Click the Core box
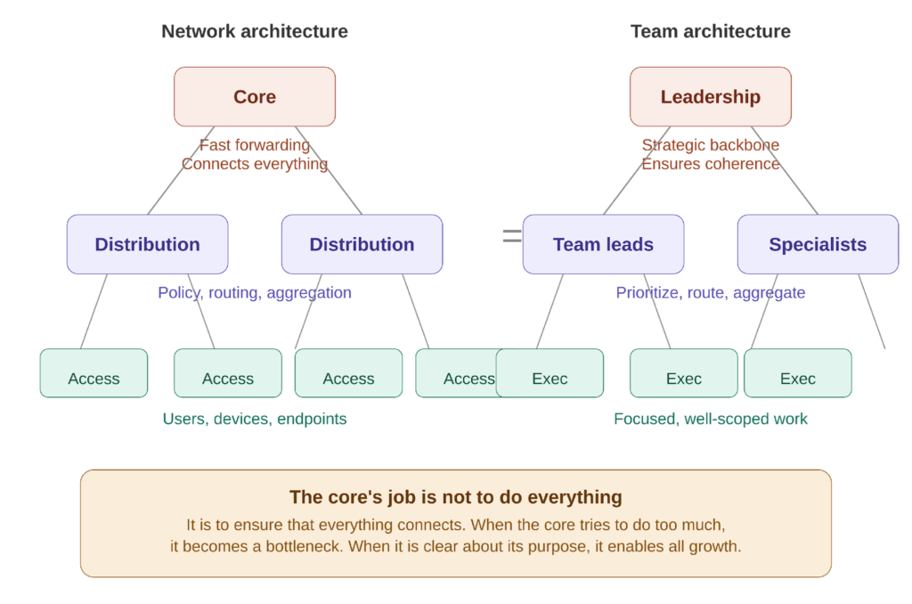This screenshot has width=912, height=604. pos(255,96)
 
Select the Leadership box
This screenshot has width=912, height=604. pos(710,96)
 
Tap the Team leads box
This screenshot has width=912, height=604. pos(603,244)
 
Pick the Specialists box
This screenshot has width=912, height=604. pos(818,244)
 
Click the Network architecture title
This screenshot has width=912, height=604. pos(255,32)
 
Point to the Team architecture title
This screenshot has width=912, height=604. pos(710,32)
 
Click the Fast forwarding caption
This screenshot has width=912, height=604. pos(255,145)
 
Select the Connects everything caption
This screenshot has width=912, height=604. pos(255,164)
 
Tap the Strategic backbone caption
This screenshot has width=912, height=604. pos(710,145)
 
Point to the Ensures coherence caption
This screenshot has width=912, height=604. pos(710,164)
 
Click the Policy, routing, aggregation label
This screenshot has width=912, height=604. pos(255,292)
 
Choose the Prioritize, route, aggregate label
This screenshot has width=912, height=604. pos(710,292)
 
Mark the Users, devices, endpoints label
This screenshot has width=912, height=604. pos(255,419)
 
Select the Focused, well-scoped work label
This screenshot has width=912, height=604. pos(710,419)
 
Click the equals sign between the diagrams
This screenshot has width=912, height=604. pos(511,236)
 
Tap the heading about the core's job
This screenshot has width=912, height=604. pos(455,497)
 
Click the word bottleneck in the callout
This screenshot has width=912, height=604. pos(302,546)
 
